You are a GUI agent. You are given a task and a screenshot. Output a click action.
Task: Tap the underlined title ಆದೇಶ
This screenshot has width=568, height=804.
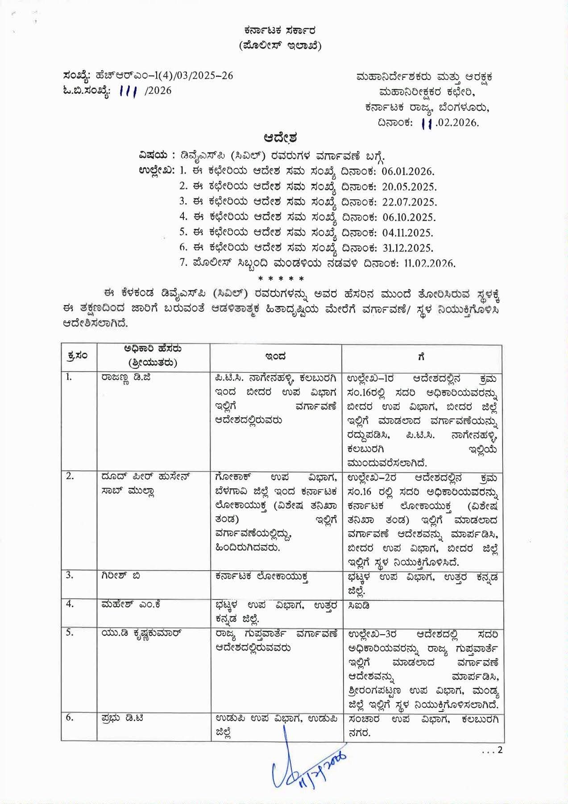click(280, 136)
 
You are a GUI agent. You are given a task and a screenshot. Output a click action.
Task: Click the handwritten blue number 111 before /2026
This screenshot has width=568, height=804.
click(129, 91)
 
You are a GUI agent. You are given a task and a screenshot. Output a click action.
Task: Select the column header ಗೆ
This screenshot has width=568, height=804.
click(421, 356)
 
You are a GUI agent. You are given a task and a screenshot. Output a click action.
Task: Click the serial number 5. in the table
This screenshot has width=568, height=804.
click(70, 633)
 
